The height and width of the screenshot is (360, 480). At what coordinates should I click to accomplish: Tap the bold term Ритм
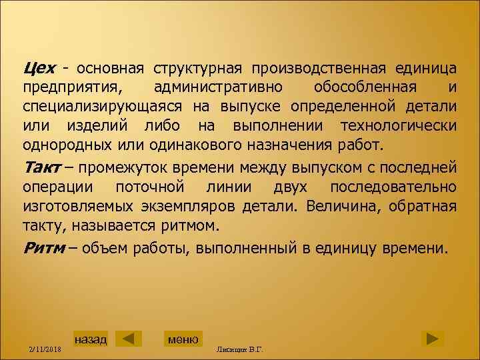click(x=44, y=249)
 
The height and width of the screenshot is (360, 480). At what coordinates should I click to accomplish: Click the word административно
click(x=217, y=88)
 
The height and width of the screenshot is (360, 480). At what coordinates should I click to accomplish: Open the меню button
click(x=183, y=338)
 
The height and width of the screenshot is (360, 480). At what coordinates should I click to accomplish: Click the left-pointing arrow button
click(x=129, y=338)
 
